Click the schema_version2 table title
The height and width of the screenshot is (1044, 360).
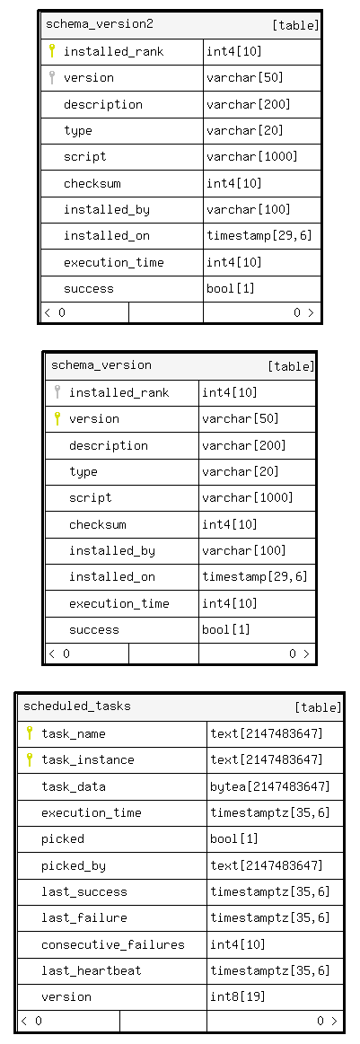coord(99,24)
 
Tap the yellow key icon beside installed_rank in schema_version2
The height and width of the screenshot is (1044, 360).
coord(52,50)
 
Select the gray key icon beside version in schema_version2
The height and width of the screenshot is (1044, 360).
coord(52,77)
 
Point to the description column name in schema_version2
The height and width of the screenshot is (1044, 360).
coord(103,104)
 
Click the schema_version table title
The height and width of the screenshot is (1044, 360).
coord(101,364)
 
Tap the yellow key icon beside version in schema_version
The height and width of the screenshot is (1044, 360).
coord(57,418)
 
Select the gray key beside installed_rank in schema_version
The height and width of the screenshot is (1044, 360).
coord(57,391)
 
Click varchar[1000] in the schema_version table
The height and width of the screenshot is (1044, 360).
coord(248,497)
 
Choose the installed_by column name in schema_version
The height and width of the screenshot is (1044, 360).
coord(112,550)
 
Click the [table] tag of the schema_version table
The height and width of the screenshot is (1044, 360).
coord(291,366)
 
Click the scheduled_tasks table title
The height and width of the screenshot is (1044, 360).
coord(77,706)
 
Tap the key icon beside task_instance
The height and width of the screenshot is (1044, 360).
coord(30,759)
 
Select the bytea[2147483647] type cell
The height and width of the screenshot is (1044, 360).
coord(270,786)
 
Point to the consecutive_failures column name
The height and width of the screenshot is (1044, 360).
coord(113,944)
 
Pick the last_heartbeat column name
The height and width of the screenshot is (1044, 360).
coord(92,970)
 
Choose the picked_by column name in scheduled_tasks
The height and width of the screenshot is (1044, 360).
coord(74,865)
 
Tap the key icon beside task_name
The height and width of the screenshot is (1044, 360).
coord(30,733)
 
